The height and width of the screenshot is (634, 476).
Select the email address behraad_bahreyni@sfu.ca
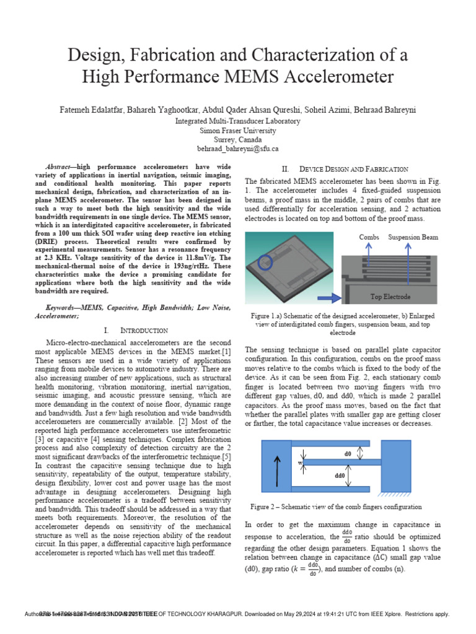[x=238, y=149]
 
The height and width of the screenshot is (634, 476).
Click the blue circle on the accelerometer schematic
[x=265, y=263]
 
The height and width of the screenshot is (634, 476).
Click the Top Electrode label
[x=390, y=297]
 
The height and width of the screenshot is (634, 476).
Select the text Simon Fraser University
[x=238, y=131]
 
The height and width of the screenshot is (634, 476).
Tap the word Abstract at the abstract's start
[x=62, y=167]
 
